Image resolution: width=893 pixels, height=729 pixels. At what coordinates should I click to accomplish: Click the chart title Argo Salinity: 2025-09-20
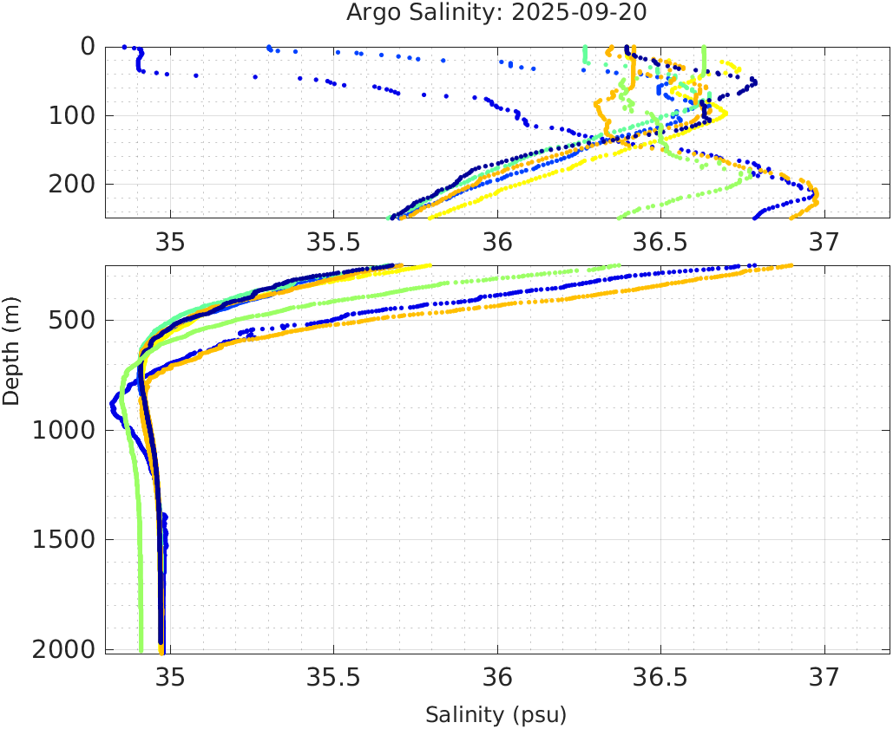pos(496,13)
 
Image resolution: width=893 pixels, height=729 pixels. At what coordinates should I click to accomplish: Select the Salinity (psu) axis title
pos(496,715)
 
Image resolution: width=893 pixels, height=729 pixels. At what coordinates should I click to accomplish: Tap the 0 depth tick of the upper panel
pos(88,46)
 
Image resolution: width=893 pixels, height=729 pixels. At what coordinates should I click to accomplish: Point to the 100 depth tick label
pos(69,115)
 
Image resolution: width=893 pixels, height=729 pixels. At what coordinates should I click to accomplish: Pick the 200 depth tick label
pos(69,184)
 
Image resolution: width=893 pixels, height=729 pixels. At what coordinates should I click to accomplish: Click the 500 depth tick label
pos(69,321)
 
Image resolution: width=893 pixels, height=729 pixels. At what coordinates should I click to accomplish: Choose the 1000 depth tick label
pos(61,430)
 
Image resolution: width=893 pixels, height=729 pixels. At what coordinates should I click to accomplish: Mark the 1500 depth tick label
pos(61,539)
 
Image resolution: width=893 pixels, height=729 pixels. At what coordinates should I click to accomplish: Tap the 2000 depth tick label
pos(61,649)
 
